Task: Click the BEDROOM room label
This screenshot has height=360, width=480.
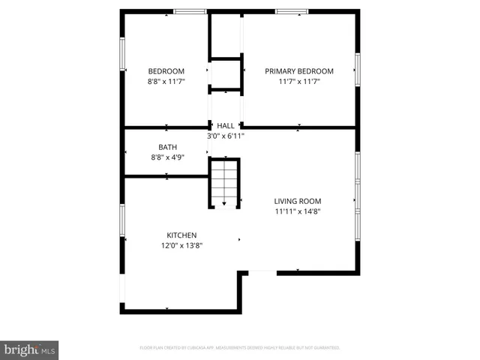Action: pyautogui.click(x=166, y=71)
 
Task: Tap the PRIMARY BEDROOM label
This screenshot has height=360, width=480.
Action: pyautogui.click(x=298, y=71)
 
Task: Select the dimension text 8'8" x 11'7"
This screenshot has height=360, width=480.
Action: pyautogui.click(x=166, y=81)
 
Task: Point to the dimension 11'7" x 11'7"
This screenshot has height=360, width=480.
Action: pyautogui.click(x=298, y=81)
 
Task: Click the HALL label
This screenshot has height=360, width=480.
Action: pyautogui.click(x=226, y=126)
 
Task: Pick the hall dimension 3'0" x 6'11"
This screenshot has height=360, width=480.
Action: pyautogui.click(x=226, y=136)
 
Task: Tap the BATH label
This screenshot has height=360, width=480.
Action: pyautogui.click(x=167, y=147)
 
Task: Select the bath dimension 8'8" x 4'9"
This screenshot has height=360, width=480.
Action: pyautogui.click(x=167, y=157)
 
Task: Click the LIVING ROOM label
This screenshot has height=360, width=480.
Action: pyautogui.click(x=297, y=201)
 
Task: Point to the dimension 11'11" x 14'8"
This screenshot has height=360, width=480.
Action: pyautogui.click(x=297, y=211)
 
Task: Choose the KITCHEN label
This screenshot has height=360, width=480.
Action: pyautogui.click(x=181, y=235)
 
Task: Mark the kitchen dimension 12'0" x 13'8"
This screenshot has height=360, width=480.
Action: pyautogui.click(x=181, y=244)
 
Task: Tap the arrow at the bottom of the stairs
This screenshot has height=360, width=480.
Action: pyautogui.click(x=224, y=202)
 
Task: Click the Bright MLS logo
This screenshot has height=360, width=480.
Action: pyautogui.click(x=30, y=349)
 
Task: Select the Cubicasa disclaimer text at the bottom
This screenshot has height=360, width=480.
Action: pyautogui.click(x=240, y=348)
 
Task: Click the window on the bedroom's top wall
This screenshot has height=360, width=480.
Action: pyautogui.click(x=190, y=11)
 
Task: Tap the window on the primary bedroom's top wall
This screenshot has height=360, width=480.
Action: pyautogui.click(x=291, y=11)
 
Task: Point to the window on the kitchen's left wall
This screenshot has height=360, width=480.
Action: pyautogui.click(x=122, y=219)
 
